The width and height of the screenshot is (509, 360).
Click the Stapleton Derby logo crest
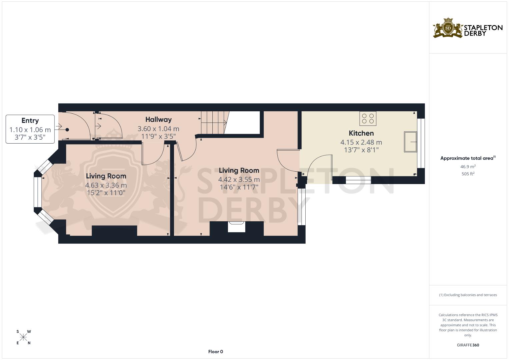point(448,28)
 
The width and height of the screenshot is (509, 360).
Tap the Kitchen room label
point(361,133)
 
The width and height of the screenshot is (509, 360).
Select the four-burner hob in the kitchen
point(368,119)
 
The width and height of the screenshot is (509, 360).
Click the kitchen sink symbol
point(410,142)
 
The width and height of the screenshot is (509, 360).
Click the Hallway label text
point(158,120)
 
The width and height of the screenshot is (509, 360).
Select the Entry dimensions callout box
point(30,129)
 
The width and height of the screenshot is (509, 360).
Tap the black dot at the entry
point(67,130)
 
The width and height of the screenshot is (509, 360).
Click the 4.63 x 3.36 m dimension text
point(106,185)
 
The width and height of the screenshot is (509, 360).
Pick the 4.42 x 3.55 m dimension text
point(239,180)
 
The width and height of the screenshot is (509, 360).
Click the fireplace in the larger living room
point(236,227)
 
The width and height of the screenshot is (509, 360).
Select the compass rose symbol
point(23,337)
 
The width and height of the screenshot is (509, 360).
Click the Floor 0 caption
point(215,352)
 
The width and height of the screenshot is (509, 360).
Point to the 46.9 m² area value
point(468,166)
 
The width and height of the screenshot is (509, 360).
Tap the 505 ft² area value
point(468,174)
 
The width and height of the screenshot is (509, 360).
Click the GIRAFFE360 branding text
point(468,345)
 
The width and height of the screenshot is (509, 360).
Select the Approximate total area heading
point(468,158)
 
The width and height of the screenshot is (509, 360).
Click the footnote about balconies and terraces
point(468,295)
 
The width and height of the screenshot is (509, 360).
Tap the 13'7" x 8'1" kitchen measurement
point(361,150)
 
